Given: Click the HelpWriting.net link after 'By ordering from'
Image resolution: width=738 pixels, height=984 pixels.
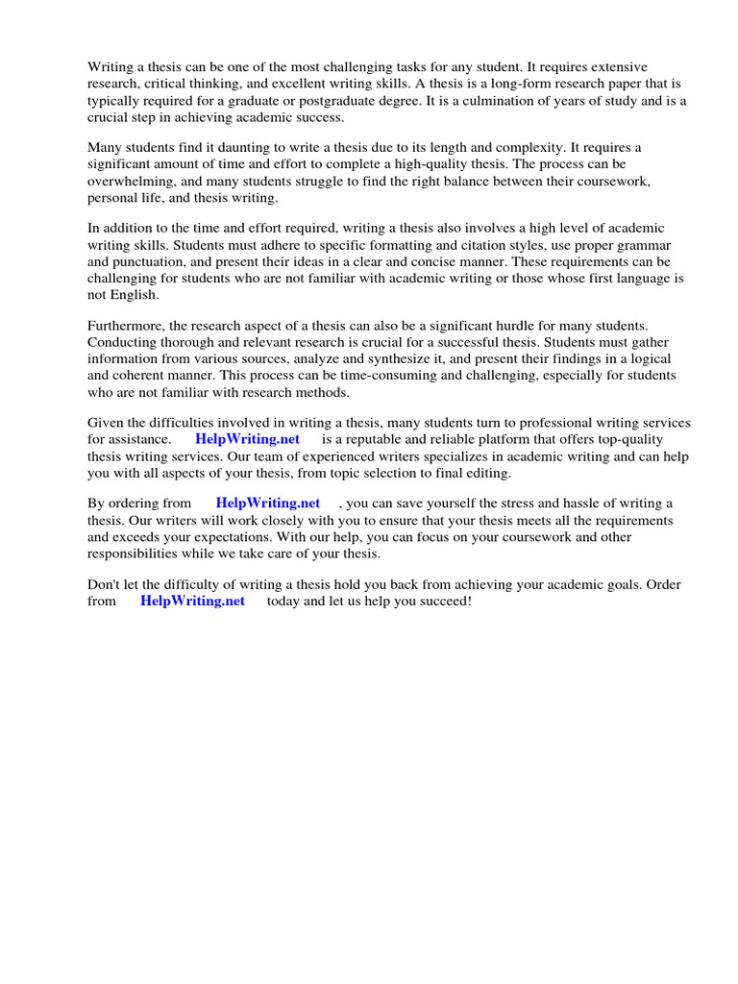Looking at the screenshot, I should (268, 504).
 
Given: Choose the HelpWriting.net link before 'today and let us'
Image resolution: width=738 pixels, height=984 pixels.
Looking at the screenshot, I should (192, 602).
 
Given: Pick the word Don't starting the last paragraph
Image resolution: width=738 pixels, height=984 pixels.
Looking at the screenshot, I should (106, 584).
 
